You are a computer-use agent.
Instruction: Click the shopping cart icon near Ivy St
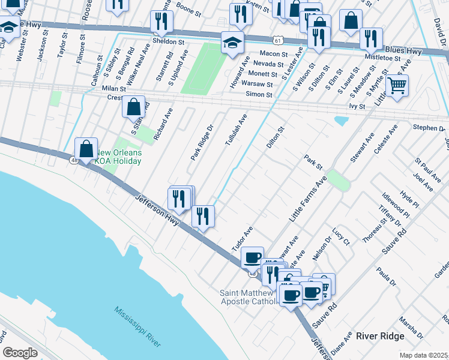tap(397, 85)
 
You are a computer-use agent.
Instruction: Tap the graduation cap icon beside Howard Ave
tap(233, 41)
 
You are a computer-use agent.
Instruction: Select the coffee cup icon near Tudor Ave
tap(253, 257)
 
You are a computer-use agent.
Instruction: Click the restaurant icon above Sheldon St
tap(161, 22)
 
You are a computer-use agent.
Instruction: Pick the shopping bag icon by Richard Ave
tap(134, 107)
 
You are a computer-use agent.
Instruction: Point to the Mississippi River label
tap(138, 326)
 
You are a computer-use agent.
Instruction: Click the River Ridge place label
tap(380, 336)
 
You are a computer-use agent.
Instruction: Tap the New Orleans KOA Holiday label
tap(119, 157)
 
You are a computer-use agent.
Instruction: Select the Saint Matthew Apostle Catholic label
tap(249, 297)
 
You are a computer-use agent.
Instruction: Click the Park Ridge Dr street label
tap(202, 142)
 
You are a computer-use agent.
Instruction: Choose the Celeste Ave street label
tap(385, 139)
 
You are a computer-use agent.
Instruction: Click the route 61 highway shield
tap(276, 40)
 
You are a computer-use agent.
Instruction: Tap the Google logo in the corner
tap(20, 352)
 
